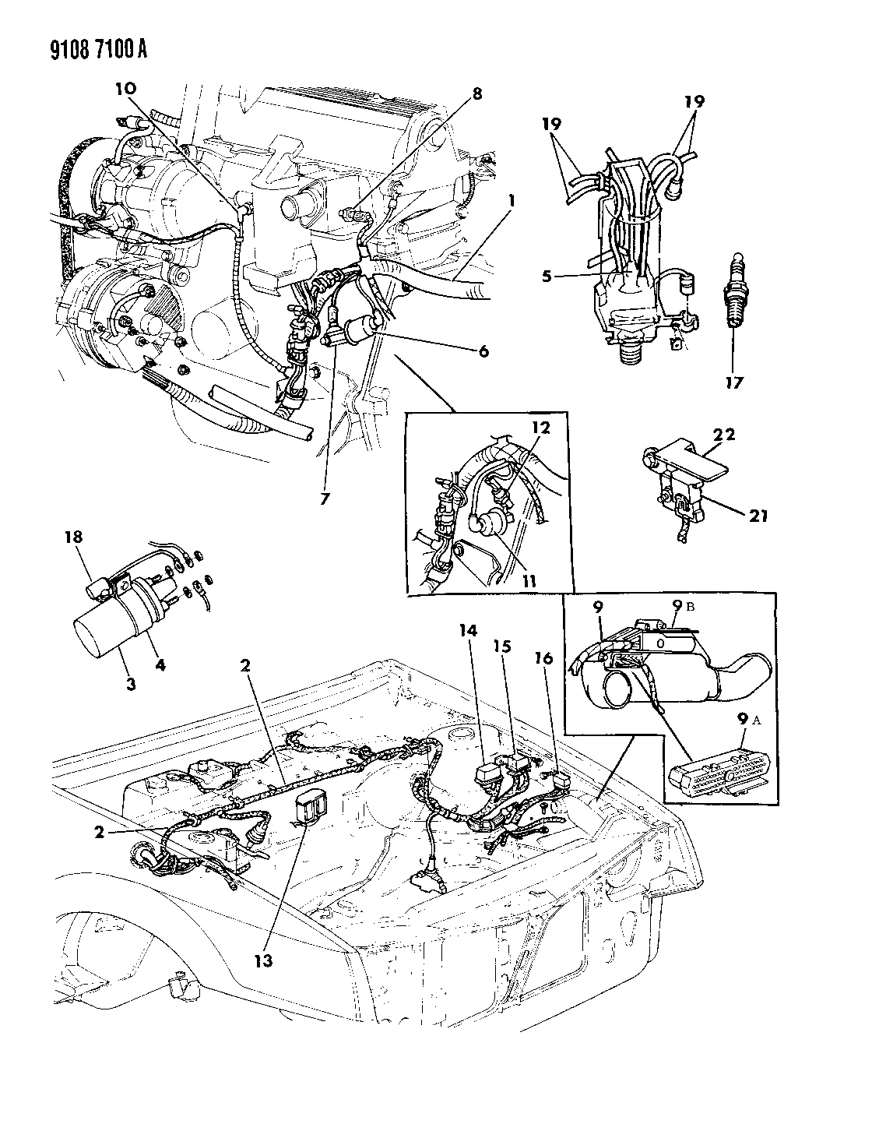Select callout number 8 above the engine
point(476,95)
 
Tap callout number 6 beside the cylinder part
point(483,351)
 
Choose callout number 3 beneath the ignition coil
point(130,684)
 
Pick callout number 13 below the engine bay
point(264,960)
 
